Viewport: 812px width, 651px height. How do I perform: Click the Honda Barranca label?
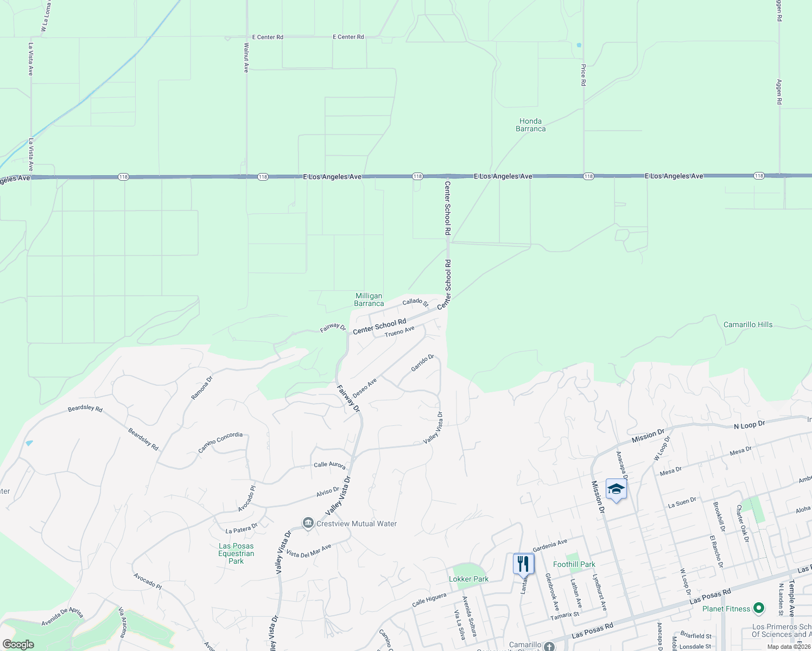[x=530, y=125]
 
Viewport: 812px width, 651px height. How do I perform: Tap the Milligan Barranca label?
[x=369, y=299]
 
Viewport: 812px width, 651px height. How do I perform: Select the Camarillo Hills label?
[x=747, y=324]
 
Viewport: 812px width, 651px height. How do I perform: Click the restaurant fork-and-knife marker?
[x=523, y=564]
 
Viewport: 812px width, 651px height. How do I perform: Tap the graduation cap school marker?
[x=616, y=489]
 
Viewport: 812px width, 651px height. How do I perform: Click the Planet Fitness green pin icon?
[x=759, y=609]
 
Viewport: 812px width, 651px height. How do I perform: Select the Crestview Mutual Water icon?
[x=308, y=523]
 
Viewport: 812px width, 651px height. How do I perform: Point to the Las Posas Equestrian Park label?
[x=236, y=553]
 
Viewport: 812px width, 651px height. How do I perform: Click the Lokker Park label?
[x=468, y=579]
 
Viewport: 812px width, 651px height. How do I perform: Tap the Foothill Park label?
[x=574, y=564]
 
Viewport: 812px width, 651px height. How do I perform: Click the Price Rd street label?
[x=583, y=75]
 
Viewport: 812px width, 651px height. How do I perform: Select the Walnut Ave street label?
[x=246, y=58]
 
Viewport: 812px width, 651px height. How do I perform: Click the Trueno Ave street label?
[x=399, y=331]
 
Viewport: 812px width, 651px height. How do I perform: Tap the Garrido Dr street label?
[x=422, y=363]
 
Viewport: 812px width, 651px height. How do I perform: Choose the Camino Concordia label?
[x=220, y=442]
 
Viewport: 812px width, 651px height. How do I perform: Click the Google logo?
[x=18, y=644]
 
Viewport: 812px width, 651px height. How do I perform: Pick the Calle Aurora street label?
[x=329, y=465]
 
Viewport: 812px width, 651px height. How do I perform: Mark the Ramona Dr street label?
[x=201, y=387]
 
